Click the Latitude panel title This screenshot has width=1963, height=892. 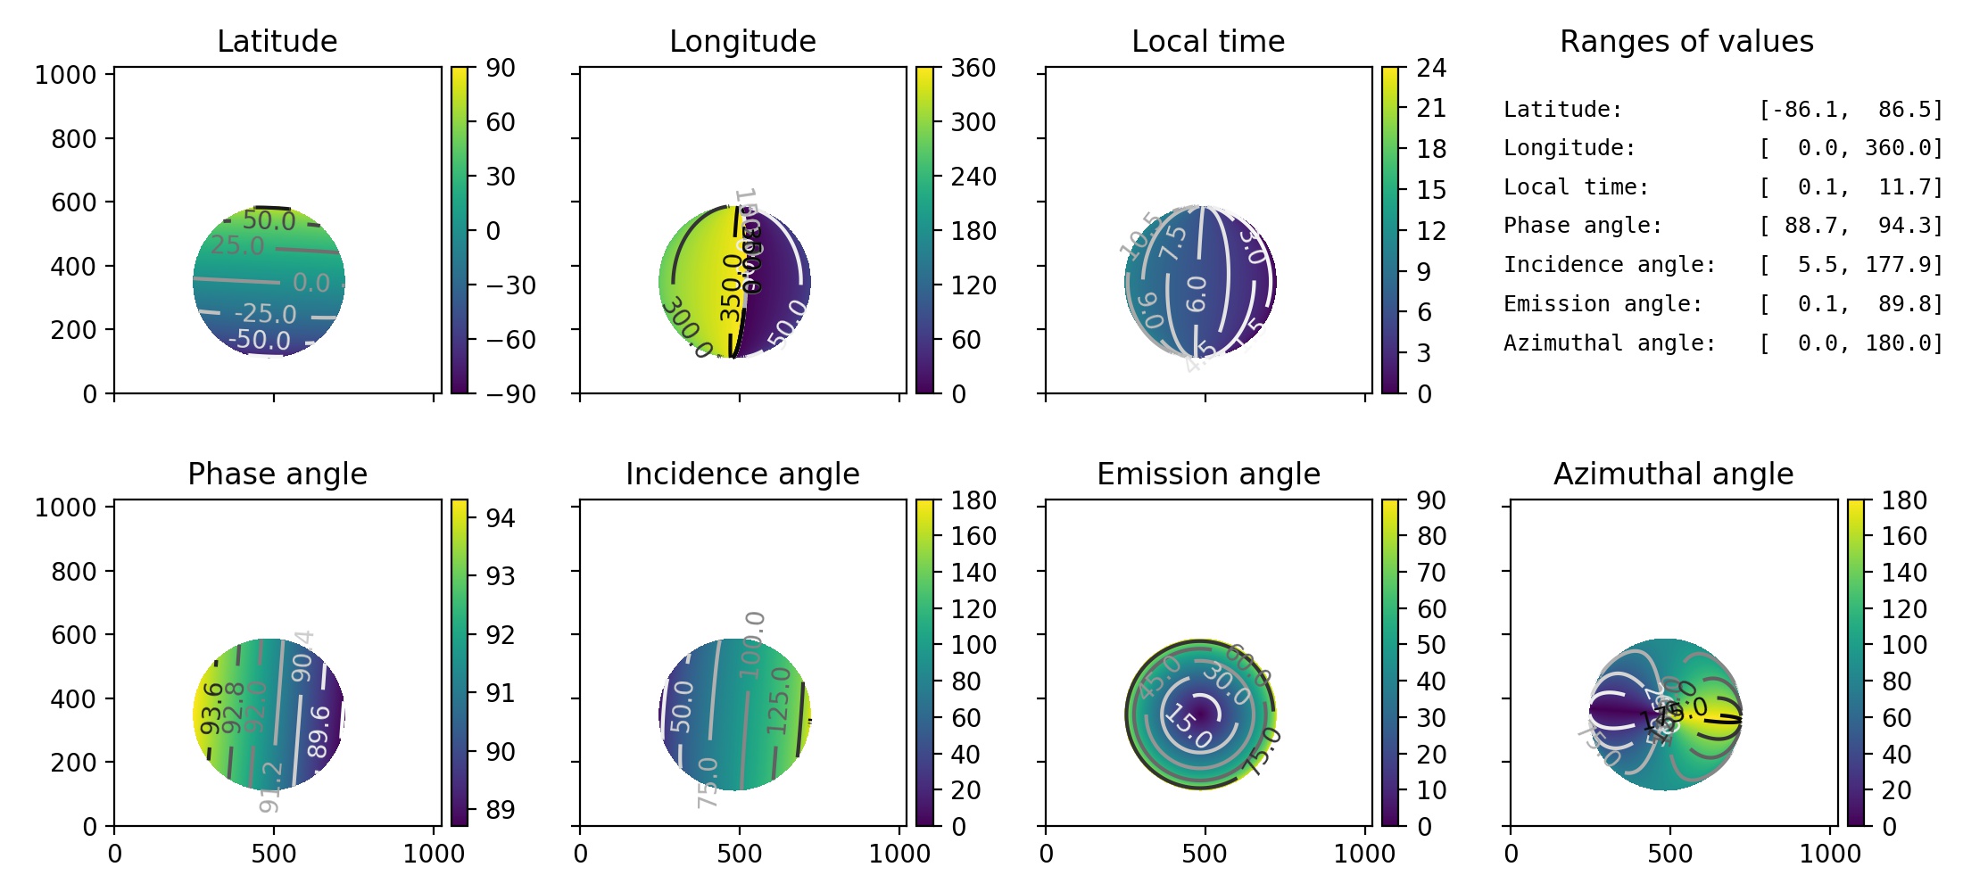click(277, 41)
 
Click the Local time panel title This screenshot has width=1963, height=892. click(1208, 41)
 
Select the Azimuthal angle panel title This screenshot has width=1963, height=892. click(1673, 474)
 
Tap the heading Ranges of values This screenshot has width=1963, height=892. click(1686, 41)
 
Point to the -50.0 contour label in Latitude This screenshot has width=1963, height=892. click(259, 340)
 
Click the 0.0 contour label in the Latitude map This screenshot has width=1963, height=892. click(311, 283)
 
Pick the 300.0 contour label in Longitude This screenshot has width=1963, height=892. click(685, 328)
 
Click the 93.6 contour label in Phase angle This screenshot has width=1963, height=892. click(211, 708)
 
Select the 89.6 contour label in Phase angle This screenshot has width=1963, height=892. click(319, 731)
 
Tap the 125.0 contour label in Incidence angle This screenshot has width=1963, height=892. click(778, 701)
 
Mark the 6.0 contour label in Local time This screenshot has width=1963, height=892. click(1196, 293)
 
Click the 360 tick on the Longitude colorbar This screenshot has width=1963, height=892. click(973, 68)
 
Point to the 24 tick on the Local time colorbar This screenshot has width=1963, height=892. click(1431, 68)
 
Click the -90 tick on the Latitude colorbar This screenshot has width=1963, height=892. click(510, 393)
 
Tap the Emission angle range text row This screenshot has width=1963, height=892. click(1722, 304)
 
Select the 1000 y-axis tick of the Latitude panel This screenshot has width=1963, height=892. click(65, 75)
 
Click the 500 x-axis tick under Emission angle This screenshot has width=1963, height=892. click(1204, 854)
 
